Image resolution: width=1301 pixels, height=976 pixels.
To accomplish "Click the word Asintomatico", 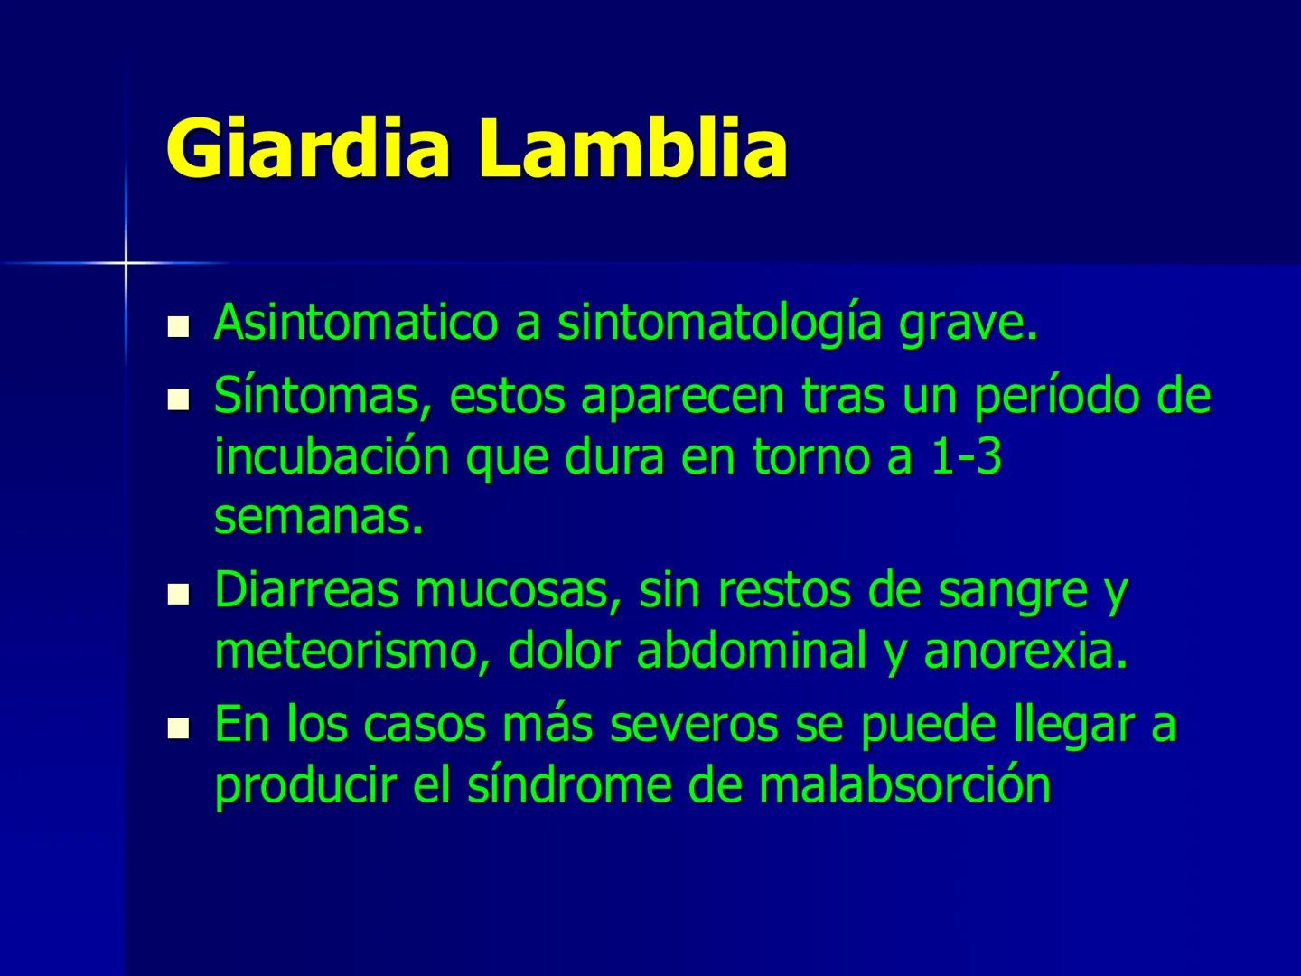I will (x=356, y=323).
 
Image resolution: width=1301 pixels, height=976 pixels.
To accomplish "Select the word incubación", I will (x=332, y=457).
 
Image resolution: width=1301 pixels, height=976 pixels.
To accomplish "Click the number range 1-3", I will (x=967, y=457).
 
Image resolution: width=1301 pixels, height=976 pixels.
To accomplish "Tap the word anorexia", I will (x=1026, y=652).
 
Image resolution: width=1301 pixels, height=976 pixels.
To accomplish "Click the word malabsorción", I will (x=905, y=785).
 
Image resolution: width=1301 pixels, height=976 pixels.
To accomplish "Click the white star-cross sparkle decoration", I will (x=126, y=263).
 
